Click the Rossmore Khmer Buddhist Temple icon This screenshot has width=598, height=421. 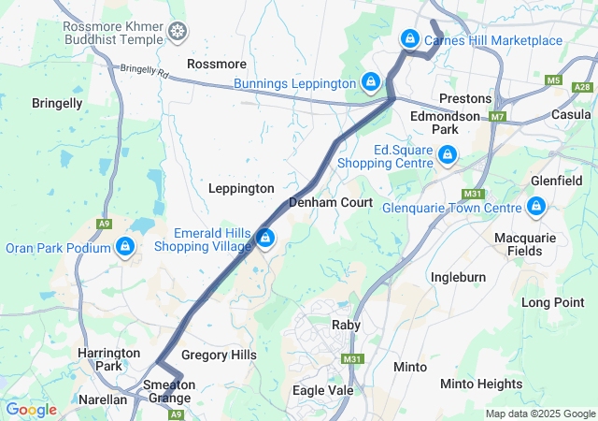(x=176, y=35)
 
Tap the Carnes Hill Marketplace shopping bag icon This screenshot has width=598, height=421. (x=409, y=39)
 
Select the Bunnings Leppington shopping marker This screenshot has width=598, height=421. (x=371, y=82)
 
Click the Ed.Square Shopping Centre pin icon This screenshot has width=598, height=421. (x=448, y=154)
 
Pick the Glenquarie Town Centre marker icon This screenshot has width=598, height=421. (x=536, y=206)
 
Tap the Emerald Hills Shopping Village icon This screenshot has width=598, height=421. (x=266, y=240)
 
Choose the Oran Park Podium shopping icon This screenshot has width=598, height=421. (x=124, y=247)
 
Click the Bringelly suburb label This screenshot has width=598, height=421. (x=57, y=103)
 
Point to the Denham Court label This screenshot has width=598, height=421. (x=331, y=202)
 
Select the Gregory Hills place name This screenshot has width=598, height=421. (x=218, y=356)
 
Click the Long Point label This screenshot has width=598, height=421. (x=553, y=302)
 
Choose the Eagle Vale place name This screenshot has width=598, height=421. (x=322, y=390)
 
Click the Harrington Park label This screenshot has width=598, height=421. (x=109, y=359)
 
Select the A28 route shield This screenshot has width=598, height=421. (x=582, y=87)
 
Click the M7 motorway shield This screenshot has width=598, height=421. (x=497, y=117)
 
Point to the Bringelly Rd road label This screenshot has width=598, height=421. (x=143, y=71)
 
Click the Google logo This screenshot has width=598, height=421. (x=31, y=410)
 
